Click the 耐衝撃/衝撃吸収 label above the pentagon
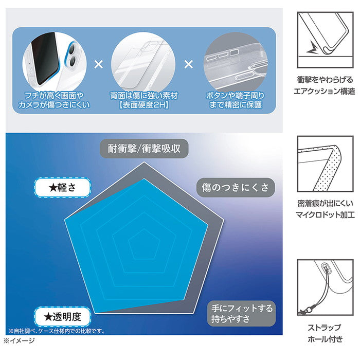pos(144,149)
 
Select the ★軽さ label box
pos(62,188)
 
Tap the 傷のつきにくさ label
pos(236,187)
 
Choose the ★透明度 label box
pos(62,317)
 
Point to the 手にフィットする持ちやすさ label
pos(242,313)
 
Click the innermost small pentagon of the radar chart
pos(144,244)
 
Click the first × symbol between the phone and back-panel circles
pos(99,64)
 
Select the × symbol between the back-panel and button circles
pos(189,64)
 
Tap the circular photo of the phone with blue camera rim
pos(55,62)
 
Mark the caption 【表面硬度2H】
pos(144,105)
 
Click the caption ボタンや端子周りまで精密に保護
pos(236,100)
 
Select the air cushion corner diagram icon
pos(325,40)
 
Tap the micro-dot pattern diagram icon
pos(325,164)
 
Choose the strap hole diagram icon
pos(325,287)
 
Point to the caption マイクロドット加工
pos(325,215)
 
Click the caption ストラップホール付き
pos(325,333)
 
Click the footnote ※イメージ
pos(19,340)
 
